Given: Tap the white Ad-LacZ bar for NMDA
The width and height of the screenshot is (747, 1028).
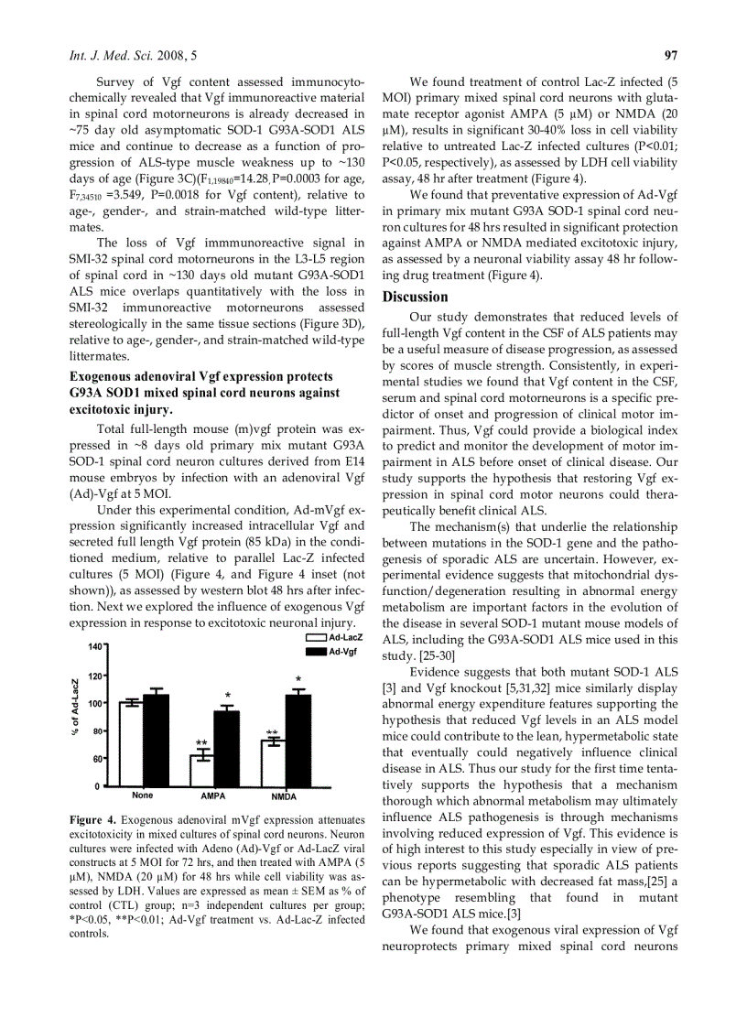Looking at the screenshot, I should [272, 763].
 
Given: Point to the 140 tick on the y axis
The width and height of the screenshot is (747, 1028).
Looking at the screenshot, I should [94, 646].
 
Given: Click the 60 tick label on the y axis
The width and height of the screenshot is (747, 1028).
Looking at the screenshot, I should [97, 759].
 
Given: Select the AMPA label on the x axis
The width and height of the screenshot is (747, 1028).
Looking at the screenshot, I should [213, 796].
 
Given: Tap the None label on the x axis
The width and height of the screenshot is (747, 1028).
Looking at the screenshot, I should [142, 795].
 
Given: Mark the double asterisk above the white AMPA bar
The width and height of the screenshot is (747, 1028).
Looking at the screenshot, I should [201, 742].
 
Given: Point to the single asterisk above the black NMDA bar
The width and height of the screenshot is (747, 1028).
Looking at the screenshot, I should [298, 679].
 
